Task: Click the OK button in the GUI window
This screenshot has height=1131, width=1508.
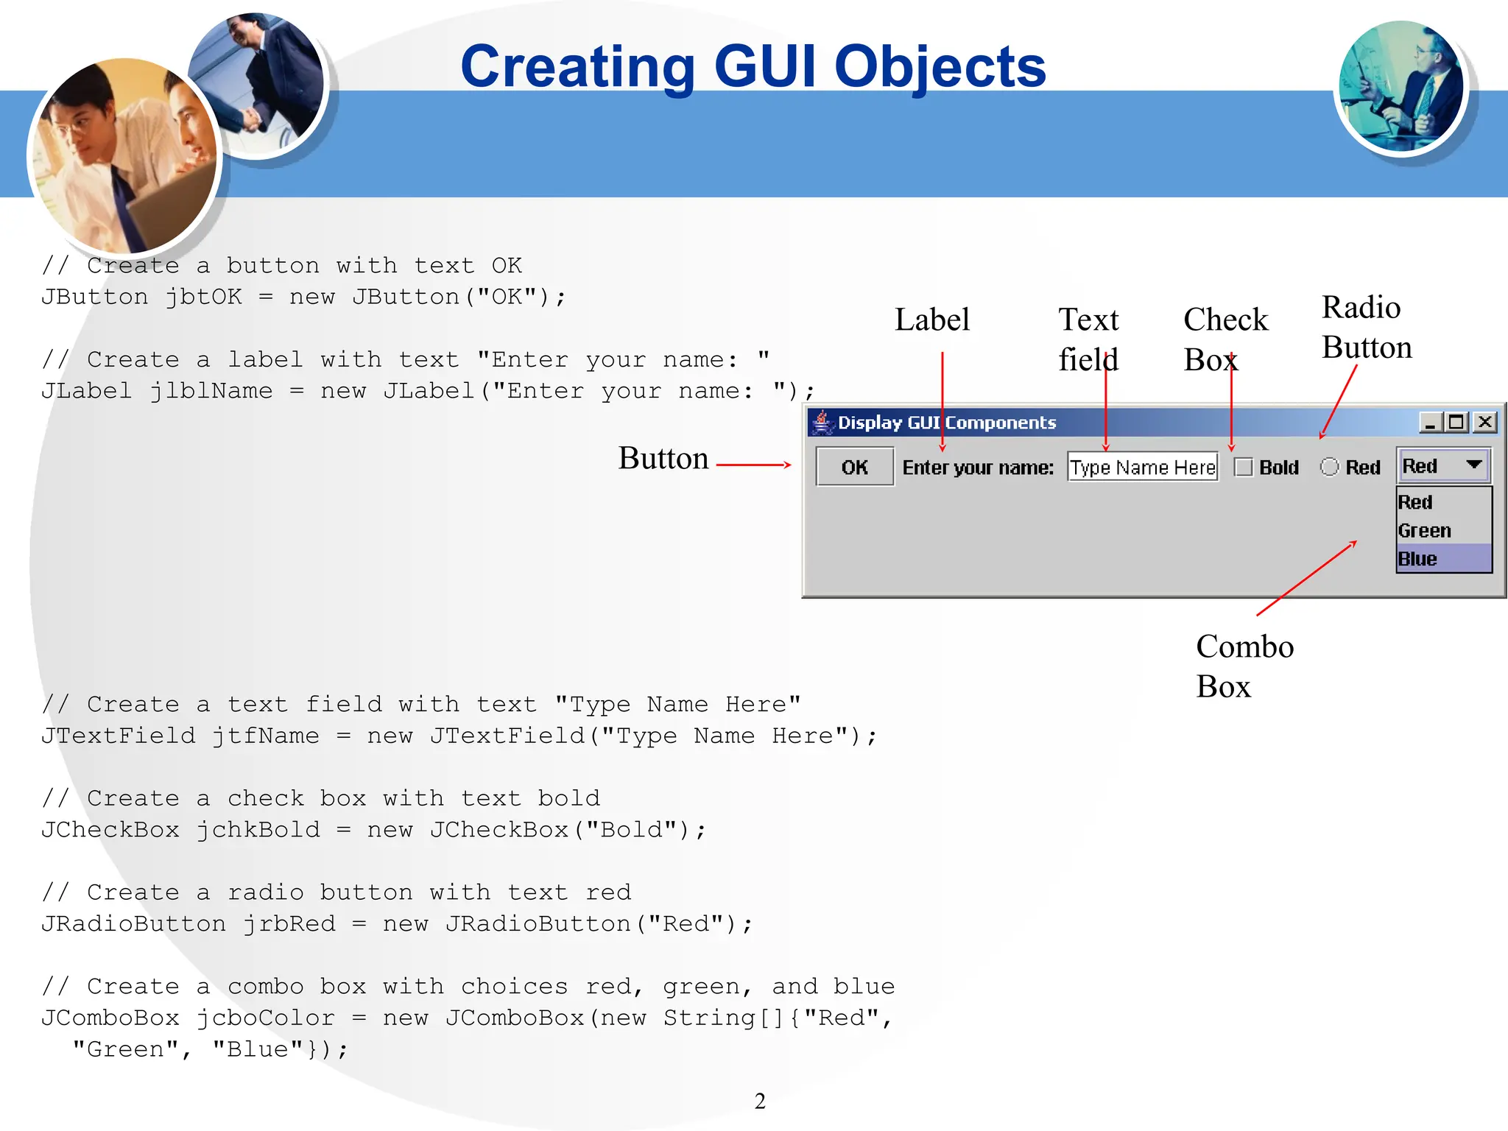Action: click(854, 467)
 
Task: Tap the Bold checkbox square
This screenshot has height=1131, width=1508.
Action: click(1244, 467)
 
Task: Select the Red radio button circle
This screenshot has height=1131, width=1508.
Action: click(1329, 467)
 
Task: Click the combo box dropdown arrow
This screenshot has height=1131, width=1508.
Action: click(1473, 465)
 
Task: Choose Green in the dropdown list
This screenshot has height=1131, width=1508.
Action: click(1425, 530)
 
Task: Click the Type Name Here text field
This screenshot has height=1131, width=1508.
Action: click(1142, 467)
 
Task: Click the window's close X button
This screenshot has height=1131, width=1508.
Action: click(1485, 422)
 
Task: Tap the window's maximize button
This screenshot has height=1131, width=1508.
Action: click(1456, 422)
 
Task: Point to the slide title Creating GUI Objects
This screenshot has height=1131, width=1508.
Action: click(753, 66)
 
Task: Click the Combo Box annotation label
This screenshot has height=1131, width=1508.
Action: click(1244, 666)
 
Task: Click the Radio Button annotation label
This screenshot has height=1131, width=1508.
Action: click(1366, 327)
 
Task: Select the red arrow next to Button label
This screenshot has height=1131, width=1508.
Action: click(753, 465)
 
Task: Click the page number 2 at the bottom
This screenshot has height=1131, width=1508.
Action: click(760, 1101)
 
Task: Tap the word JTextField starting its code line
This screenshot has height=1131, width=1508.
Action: click(118, 736)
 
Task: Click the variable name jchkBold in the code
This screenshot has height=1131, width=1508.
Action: click(258, 830)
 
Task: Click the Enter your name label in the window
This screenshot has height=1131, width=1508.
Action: click(978, 468)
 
